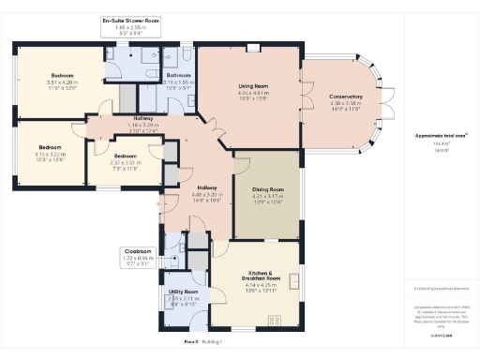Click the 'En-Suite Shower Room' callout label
click(130, 24)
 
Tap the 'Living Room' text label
click(248, 86)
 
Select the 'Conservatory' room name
click(345, 97)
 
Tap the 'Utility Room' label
click(184, 293)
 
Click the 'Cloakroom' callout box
click(142, 256)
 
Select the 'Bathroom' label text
click(178, 77)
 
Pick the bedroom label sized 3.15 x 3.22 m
click(49, 147)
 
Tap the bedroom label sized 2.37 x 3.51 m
click(125, 157)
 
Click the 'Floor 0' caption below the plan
click(191, 342)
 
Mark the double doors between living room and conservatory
click(301, 102)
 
